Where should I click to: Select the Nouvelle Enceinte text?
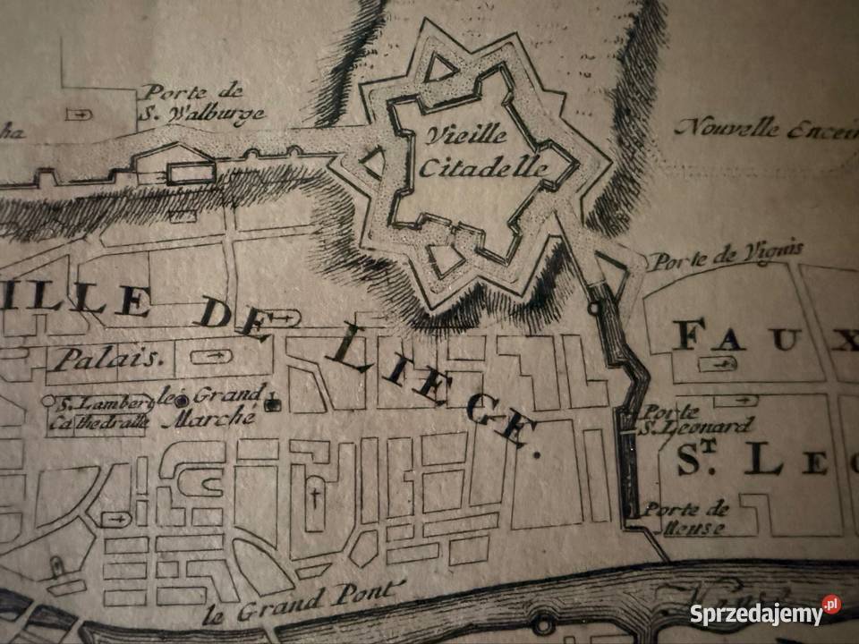[766, 128]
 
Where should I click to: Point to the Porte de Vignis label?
[725, 258]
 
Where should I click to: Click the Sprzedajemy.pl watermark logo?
[765, 613]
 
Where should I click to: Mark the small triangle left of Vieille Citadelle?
[372, 162]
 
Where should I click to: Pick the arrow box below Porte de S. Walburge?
[81, 114]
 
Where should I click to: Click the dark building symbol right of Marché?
[273, 404]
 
